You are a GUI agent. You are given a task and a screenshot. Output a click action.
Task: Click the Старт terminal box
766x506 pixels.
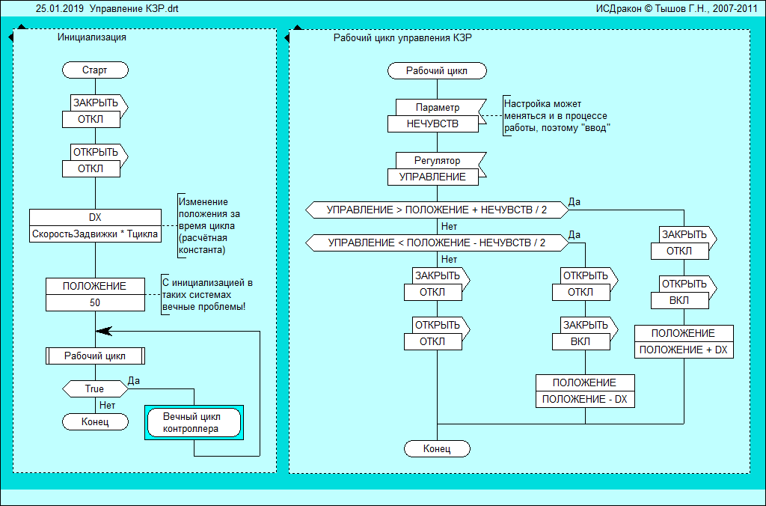(95, 70)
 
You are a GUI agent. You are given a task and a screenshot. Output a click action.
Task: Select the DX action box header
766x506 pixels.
(95, 217)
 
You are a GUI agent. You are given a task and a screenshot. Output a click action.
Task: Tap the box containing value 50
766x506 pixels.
(95, 303)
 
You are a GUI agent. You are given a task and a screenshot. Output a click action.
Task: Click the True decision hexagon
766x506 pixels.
(94, 389)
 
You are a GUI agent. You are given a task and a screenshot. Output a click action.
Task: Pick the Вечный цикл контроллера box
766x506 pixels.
(193, 423)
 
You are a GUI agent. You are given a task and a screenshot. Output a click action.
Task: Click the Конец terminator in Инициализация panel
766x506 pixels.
(94, 422)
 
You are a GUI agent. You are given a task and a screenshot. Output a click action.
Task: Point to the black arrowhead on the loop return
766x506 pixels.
(103, 330)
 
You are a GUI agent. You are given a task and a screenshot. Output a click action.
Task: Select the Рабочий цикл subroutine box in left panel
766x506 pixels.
(95, 356)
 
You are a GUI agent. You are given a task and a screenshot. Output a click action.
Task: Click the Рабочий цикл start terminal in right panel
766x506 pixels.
(437, 71)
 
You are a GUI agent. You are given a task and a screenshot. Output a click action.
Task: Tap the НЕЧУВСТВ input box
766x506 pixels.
(433, 124)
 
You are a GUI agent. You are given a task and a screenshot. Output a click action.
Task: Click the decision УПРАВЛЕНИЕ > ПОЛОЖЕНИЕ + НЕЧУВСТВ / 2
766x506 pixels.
(437, 210)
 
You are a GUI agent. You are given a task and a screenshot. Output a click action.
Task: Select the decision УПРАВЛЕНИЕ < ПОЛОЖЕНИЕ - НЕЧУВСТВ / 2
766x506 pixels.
(437, 243)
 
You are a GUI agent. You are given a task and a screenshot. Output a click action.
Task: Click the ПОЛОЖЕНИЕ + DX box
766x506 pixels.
(684, 350)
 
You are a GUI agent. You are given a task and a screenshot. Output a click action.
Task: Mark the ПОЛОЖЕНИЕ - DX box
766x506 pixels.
(585, 400)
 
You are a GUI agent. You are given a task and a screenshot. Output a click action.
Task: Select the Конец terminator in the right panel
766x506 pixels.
(437, 449)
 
